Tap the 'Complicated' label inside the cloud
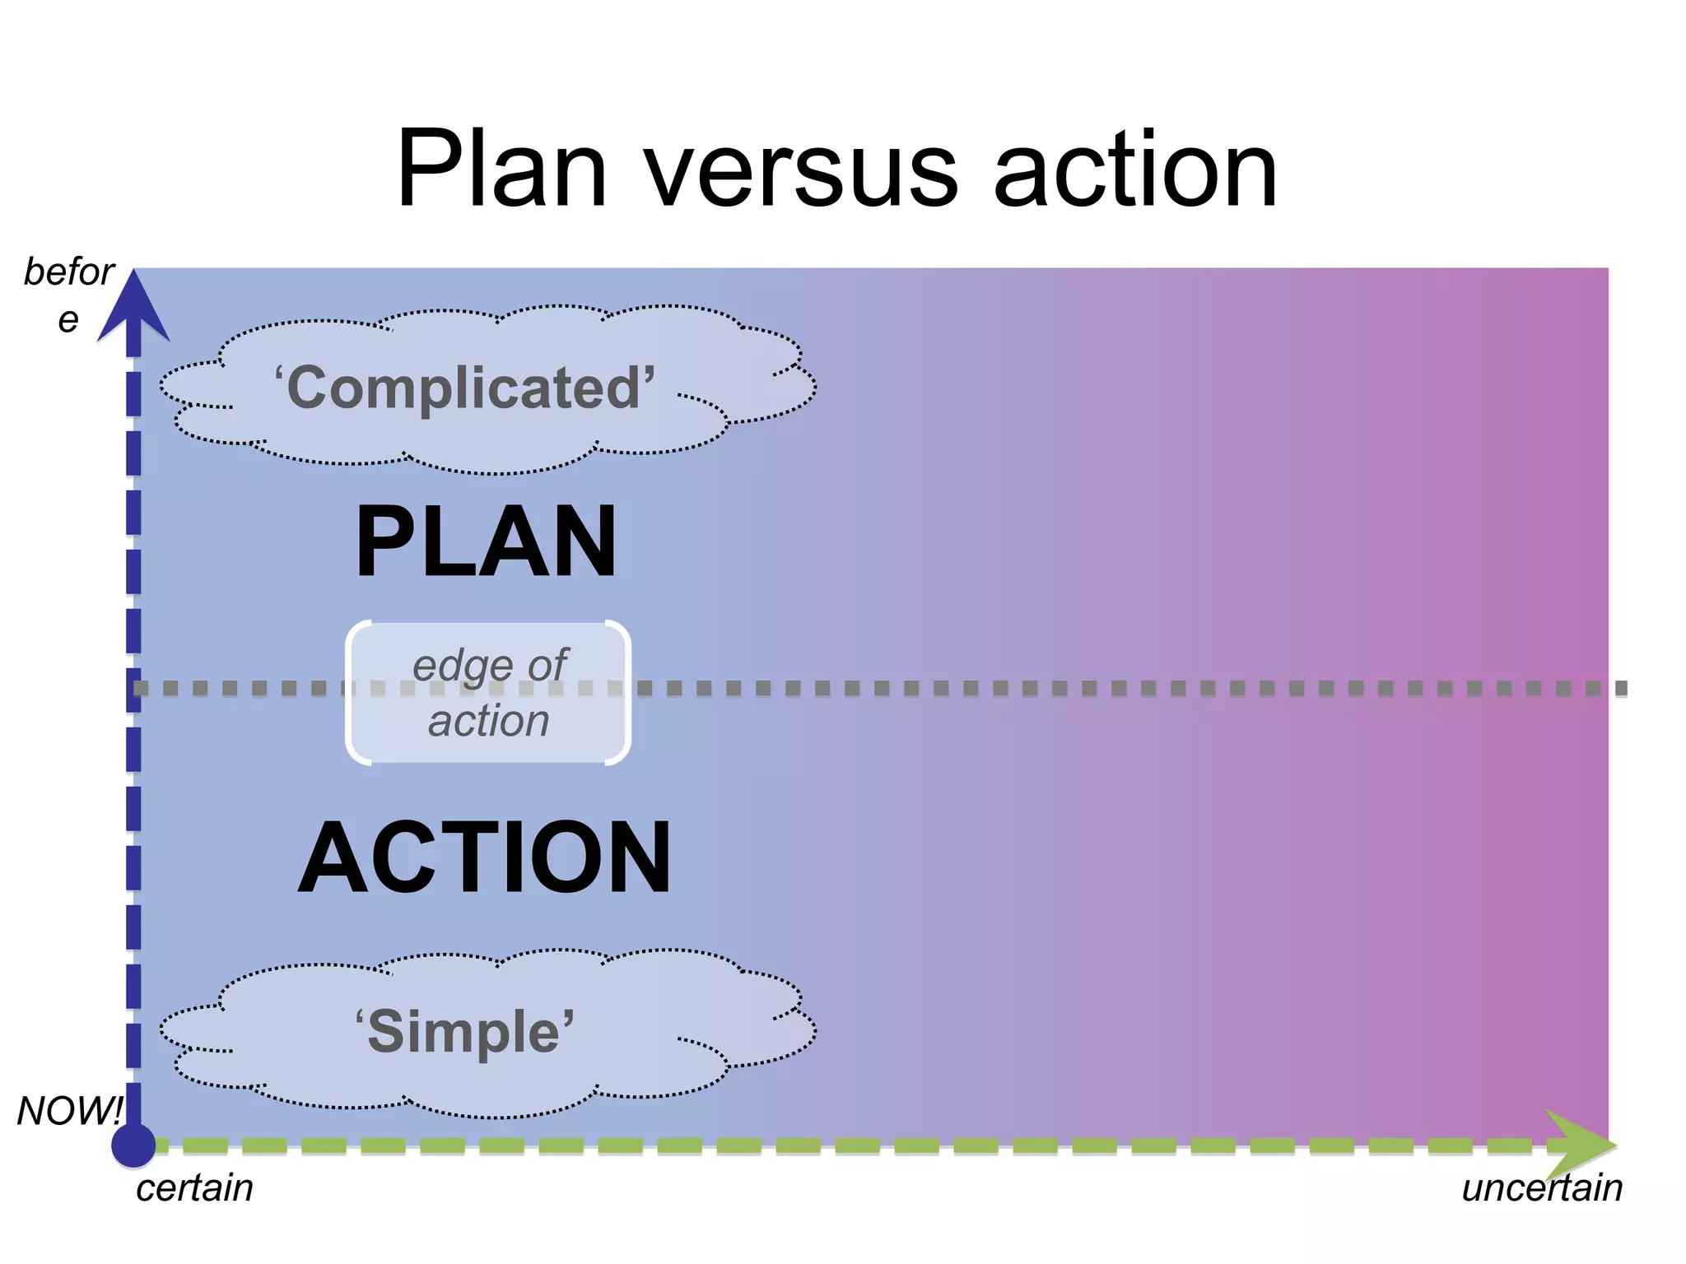point(465,388)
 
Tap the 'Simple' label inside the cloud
point(465,1032)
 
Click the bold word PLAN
point(486,542)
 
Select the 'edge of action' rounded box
point(488,694)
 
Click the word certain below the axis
point(194,1188)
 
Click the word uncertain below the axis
point(1542,1188)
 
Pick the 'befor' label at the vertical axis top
point(69,272)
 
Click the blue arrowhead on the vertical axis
point(133,309)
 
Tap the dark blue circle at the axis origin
point(133,1145)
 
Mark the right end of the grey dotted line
point(1620,688)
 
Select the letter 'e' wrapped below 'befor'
point(68,320)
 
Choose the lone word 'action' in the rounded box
point(488,722)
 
